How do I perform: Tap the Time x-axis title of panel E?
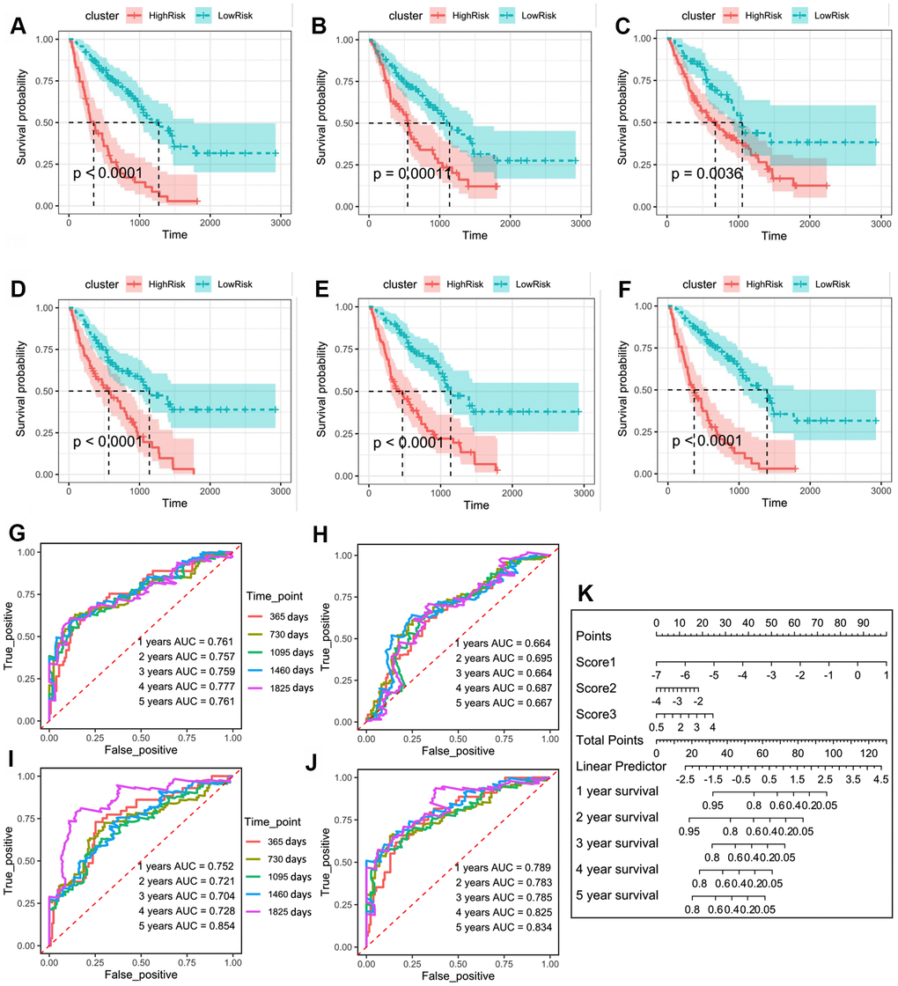coord(475,506)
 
